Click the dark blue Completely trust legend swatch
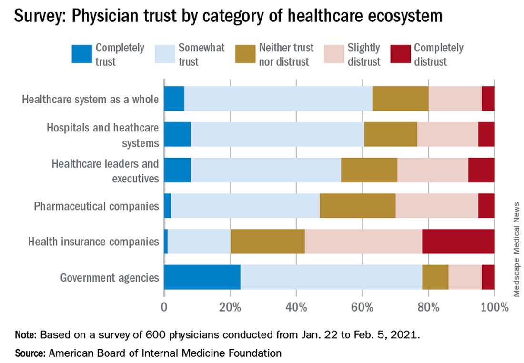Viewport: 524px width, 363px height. (81, 54)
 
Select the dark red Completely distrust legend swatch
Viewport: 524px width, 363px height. (399, 54)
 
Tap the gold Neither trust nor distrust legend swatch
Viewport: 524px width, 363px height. (245, 54)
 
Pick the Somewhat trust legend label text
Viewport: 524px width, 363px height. (201, 54)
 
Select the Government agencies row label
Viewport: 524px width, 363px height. (110, 277)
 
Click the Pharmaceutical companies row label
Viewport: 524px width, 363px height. (96, 206)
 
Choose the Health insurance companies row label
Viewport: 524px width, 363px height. (93, 242)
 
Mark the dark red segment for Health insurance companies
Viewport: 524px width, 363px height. (458, 242)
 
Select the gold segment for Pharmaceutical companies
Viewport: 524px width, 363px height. (357, 206)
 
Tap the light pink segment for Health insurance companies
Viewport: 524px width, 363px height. (363, 242)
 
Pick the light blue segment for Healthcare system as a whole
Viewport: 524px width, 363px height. (278, 99)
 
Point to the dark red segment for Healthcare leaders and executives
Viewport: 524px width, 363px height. (481, 170)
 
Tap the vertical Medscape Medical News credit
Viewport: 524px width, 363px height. (517, 250)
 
